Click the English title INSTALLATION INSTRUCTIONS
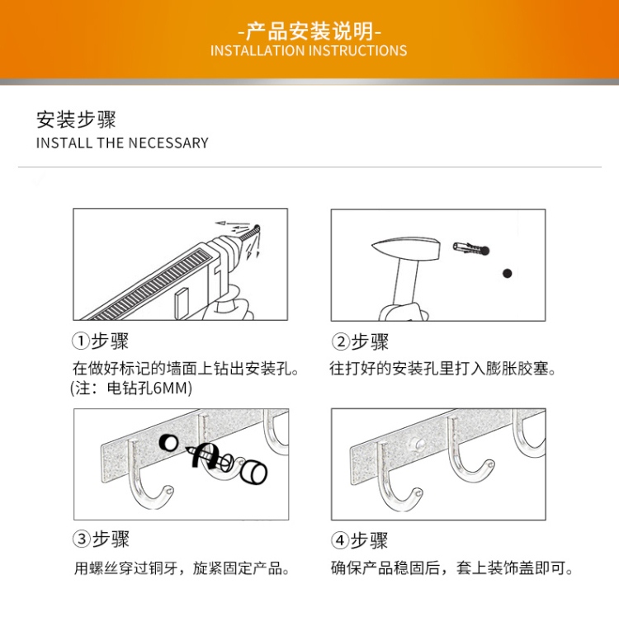[x=309, y=50]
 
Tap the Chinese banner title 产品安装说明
[x=309, y=31]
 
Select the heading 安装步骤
[x=76, y=120]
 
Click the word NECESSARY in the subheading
[x=168, y=143]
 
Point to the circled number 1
[x=80, y=341]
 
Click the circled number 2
[x=341, y=342]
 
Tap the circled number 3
[x=81, y=539]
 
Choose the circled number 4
[x=340, y=540]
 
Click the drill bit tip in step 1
[x=258, y=228]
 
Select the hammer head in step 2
[x=406, y=247]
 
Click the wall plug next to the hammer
[x=470, y=248]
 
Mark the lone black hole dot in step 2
[x=507, y=274]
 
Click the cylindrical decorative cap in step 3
[x=253, y=472]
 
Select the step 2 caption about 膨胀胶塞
[x=442, y=369]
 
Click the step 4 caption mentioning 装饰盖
[x=452, y=567]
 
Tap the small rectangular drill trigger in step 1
[x=182, y=304]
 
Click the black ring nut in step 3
[x=169, y=442]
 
